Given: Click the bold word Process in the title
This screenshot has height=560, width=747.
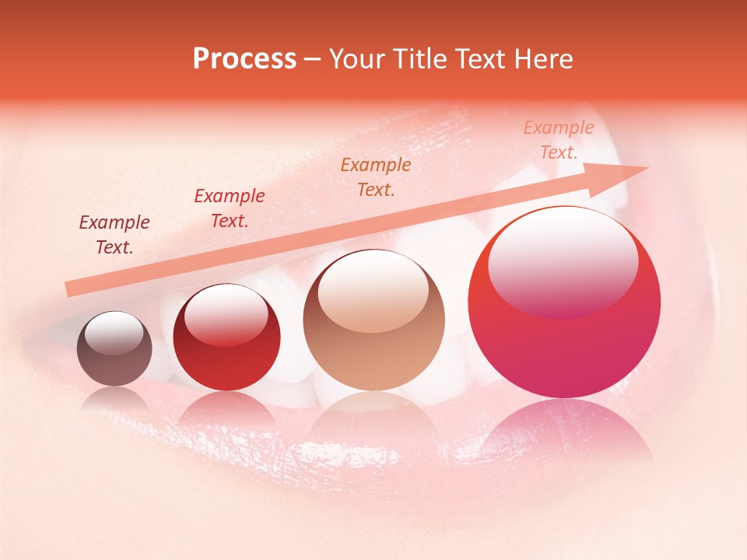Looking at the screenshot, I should [x=244, y=59].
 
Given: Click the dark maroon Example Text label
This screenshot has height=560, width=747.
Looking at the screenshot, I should [x=114, y=235].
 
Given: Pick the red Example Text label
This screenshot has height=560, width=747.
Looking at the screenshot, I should [x=230, y=208].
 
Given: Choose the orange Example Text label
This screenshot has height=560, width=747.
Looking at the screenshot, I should [x=376, y=177].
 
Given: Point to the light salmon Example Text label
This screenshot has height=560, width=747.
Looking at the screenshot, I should [x=559, y=140].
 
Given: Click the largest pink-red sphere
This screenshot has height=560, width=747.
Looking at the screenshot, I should [x=564, y=342].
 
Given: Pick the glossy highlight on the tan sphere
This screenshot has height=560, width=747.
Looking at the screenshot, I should [x=373, y=289].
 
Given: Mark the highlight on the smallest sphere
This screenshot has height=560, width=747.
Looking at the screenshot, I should [x=114, y=332].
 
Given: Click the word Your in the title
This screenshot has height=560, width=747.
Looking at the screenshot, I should [x=359, y=59].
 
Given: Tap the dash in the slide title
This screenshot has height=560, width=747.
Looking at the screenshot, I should [x=313, y=60].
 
